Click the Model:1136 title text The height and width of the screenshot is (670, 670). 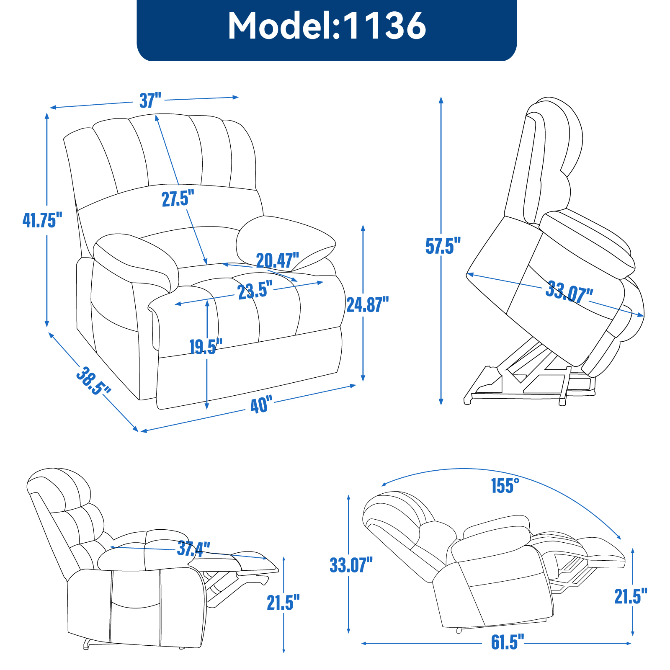point(327,26)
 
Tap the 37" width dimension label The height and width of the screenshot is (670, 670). point(150,100)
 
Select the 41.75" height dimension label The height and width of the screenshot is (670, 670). point(42,220)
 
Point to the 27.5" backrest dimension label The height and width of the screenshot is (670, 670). point(178,198)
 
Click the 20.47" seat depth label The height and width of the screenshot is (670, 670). point(277,261)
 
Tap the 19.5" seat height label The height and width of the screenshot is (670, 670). point(206,347)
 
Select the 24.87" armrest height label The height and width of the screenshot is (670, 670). point(367,304)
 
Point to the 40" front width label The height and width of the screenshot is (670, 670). point(261,405)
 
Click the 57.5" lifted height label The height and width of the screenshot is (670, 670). point(443,246)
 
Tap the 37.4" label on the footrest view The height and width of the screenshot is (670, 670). point(193,549)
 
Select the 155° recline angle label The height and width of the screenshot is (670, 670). point(505,486)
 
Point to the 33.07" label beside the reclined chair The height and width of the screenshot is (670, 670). point(351,565)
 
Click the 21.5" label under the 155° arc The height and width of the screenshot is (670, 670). point(631,596)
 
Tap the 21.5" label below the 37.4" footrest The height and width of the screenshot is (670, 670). point(283,603)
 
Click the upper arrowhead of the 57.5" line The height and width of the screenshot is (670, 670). point(441,99)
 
